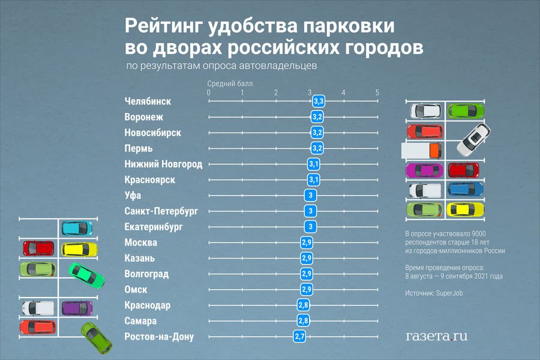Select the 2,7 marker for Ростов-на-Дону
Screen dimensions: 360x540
tap(300, 337)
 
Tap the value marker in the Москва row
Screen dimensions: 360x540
tap(307, 242)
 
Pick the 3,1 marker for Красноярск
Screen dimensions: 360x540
tap(314, 179)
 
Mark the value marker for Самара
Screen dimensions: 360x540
tap(304, 321)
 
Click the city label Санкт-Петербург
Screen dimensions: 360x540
tap(161, 211)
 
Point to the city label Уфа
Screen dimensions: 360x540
tap(133, 196)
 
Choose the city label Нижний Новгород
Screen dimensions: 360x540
tap(163, 164)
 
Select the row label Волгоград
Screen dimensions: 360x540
tap(146, 274)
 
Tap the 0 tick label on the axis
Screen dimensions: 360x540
tap(208, 92)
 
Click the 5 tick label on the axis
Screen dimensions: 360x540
tap(377, 92)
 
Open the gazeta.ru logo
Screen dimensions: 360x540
tap(436, 336)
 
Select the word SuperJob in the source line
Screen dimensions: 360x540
tap(450, 293)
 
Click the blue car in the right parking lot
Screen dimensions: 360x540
tap(466, 190)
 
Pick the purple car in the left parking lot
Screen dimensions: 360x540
tap(77, 308)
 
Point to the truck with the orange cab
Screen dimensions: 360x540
tap(422, 149)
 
